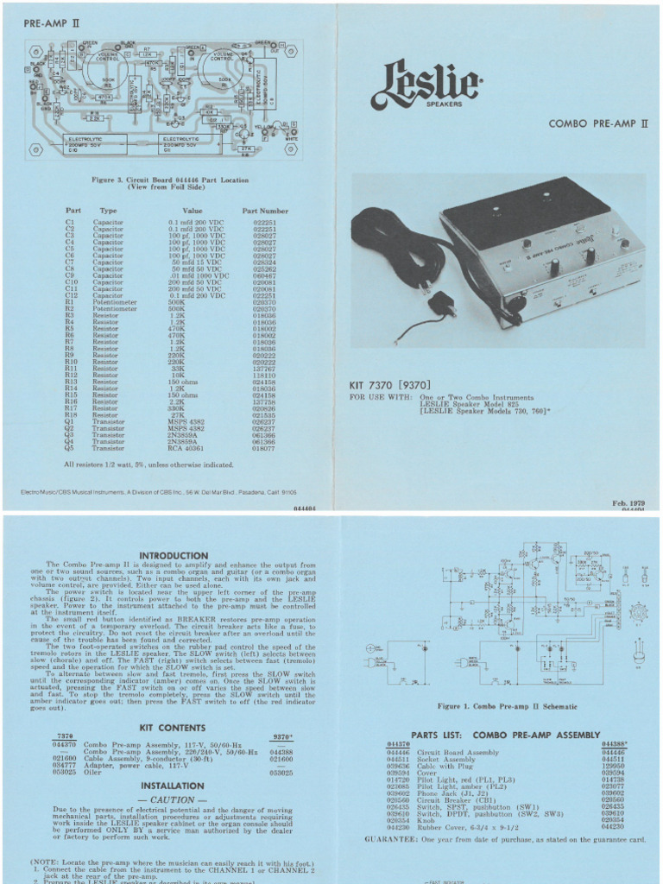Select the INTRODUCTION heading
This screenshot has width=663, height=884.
click(172, 554)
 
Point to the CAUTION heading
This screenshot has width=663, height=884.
click(172, 799)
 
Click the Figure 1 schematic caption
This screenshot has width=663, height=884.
click(507, 706)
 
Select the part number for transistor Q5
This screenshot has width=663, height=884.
click(264, 449)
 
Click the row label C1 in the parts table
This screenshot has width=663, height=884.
click(70, 222)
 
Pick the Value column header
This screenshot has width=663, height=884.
click(192, 210)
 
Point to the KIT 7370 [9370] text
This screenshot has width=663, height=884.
click(389, 384)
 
